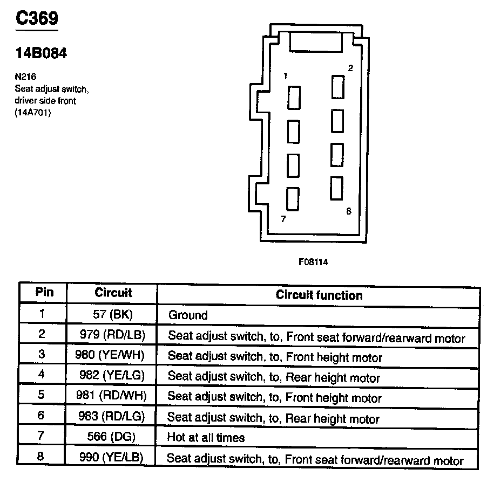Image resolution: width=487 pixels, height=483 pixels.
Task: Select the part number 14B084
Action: click(41, 54)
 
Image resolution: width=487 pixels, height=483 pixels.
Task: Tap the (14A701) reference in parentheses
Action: click(33, 113)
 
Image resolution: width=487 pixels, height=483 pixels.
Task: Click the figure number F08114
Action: click(313, 262)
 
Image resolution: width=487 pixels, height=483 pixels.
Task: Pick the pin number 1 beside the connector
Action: click(285, 77)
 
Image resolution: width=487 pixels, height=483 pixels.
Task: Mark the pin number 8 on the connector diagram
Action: click(349, 211)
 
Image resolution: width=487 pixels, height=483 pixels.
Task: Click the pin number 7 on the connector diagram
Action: click(283, 219)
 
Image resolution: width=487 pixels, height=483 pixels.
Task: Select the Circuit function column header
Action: click(319, 295)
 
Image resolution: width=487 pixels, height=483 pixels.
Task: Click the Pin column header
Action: click(44, 293)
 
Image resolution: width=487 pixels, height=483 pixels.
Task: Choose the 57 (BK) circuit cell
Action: click(112, 314)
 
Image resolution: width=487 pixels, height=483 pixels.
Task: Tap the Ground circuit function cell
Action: click(188, 315)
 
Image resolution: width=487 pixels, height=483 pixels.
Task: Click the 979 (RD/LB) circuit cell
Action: click(112, 335)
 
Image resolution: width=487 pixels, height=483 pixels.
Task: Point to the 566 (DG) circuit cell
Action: click(112, 437)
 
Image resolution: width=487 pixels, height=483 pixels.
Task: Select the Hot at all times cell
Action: click(206, 438)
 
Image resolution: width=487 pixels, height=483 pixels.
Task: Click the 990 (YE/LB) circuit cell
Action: click(112, 458)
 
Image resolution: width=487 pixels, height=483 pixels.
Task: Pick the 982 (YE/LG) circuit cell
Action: click(112, 376)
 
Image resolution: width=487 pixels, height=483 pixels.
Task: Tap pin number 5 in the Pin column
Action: click(42, 396)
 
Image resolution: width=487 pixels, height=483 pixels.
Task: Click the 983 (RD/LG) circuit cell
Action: click(112, 417)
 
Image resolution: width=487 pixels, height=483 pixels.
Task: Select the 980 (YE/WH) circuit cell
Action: click(112, 355)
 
